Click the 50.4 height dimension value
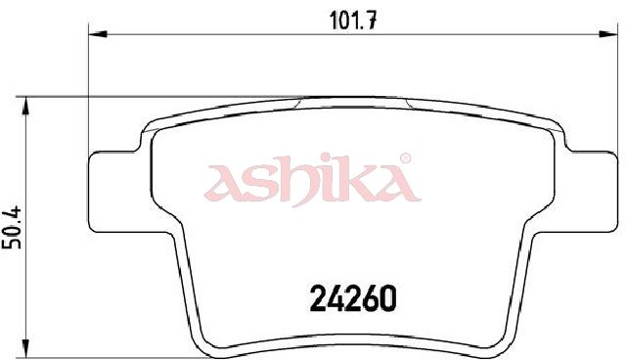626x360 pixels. [13, 228]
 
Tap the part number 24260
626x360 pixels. [353, 298]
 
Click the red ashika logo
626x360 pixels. [312, 180]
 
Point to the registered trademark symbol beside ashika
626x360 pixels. [405, 158]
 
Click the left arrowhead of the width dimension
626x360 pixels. [98, 34]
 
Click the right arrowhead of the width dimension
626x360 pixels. [608, 34]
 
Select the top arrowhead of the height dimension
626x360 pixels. [26, 106]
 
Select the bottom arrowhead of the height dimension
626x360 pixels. [26, 348]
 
